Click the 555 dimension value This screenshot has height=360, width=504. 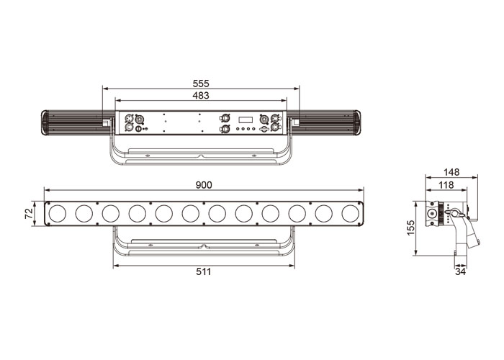point(201,84)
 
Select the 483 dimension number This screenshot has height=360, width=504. point(201,96)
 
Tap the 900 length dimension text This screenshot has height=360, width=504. point(204,185)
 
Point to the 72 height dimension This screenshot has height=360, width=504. point(29,213)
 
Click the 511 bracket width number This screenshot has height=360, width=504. point(204,272)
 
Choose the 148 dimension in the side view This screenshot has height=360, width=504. point(451,172)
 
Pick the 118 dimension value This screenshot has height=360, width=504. point(446,185)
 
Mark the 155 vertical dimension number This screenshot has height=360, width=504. point(411,228)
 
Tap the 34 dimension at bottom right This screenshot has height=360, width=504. point(460,272)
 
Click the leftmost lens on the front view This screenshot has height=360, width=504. point(58,213)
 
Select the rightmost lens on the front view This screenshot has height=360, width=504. point(351,213)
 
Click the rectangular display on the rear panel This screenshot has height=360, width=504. point(246,120)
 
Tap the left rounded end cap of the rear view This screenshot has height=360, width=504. point(45,122)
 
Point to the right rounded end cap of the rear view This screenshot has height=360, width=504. point(357,122)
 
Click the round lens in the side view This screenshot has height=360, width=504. point(431,213)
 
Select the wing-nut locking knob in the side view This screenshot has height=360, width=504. point(456,213)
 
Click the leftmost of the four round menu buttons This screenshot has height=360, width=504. point(238,129)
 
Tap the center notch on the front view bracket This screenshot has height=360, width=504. point(204,246)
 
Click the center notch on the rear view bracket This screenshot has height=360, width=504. point(201,156)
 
